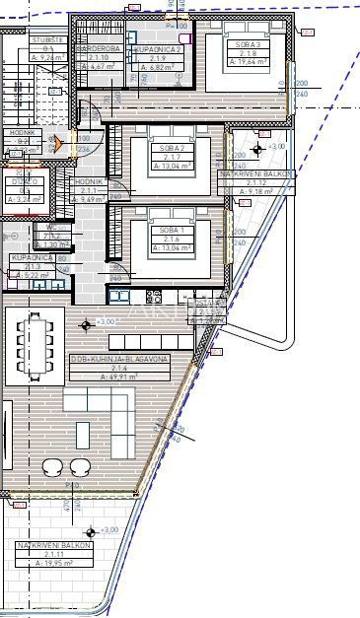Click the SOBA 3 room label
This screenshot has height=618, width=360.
pyautogui.click(x=248, y=44)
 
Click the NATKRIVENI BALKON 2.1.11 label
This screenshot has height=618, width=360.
pyautogui.click(x=54, y=545)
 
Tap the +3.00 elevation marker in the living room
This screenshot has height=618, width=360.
pyautogui.click(x=90, y=322)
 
